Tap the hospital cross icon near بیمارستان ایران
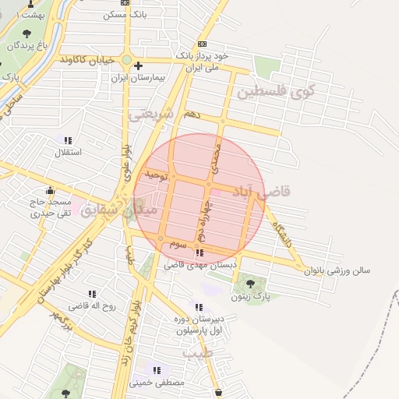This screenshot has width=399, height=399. (x=138, y=67)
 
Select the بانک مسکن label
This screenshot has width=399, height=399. (x=125, y=15)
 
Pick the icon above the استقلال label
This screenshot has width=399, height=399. (x=68, y=140)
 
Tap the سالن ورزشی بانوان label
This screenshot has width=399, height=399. (x=337, y=270)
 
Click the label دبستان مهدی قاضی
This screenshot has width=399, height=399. (x=199, y=265)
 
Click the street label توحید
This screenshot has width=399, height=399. (x=157, y=177)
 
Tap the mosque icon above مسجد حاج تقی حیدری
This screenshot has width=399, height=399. (x=51, y=190)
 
